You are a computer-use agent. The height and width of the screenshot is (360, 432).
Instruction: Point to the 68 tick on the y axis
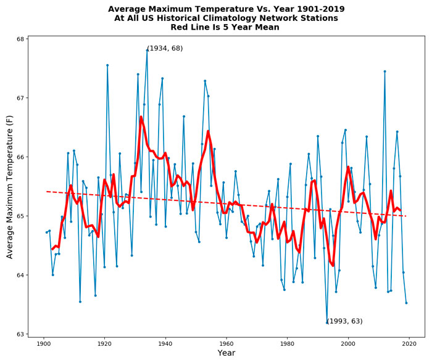tap(20, 39)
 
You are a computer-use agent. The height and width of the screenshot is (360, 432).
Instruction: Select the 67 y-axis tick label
tap(20, 99)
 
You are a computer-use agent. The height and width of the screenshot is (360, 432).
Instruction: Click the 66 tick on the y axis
tap(20, 157)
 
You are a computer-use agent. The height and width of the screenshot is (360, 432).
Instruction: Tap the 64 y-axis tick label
tap(20, 276)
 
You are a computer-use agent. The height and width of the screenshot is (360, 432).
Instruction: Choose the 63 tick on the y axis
tap(20, 334)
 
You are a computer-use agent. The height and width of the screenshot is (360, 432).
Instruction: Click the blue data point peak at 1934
tap(147, 51)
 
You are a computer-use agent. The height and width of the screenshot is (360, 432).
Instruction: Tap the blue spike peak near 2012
tap(384, 71)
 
